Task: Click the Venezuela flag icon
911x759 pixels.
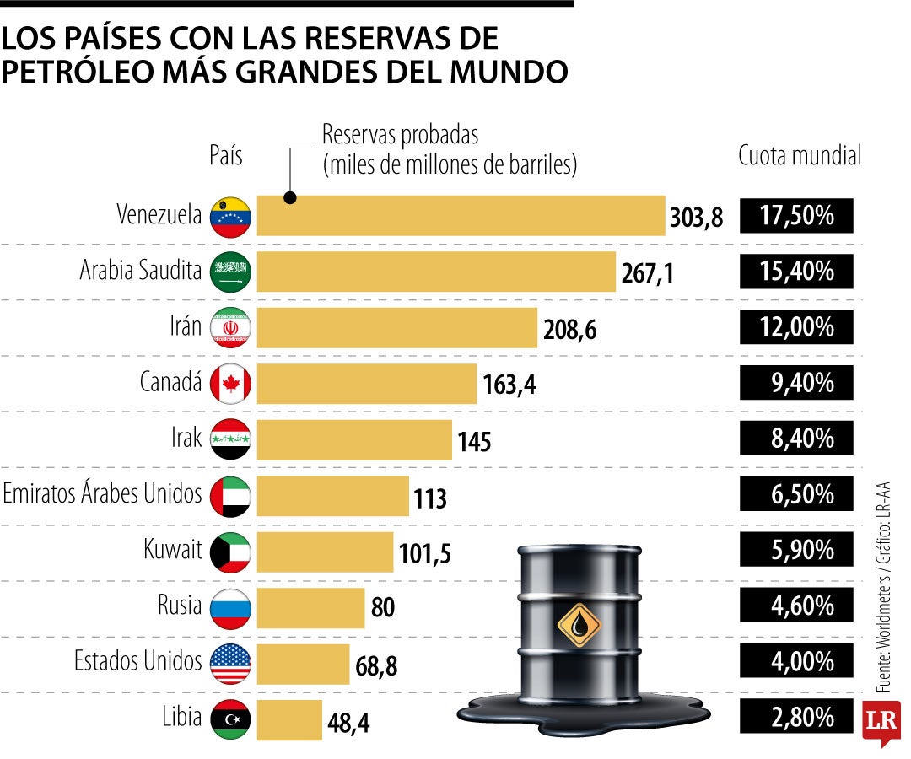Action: point(230,216)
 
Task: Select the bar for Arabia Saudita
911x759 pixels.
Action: point(436,272)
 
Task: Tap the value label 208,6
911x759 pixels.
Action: point(569,330)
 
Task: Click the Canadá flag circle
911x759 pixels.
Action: point(230,384)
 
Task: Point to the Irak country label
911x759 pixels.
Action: point(186,439)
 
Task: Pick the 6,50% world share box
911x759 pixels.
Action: point(796,494)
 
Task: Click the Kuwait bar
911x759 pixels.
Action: point(325,551)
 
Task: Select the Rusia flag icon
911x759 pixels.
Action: point(230,607)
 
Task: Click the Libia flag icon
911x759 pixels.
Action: point(230,719)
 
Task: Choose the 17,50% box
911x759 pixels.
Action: point(796,216)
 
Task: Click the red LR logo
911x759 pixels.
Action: point(881,722)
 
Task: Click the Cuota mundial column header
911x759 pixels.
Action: point(800,156)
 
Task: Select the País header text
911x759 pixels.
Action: point(225,156)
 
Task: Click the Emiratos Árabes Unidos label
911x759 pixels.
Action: point(102,494)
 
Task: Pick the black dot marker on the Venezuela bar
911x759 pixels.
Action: point(289,199)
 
